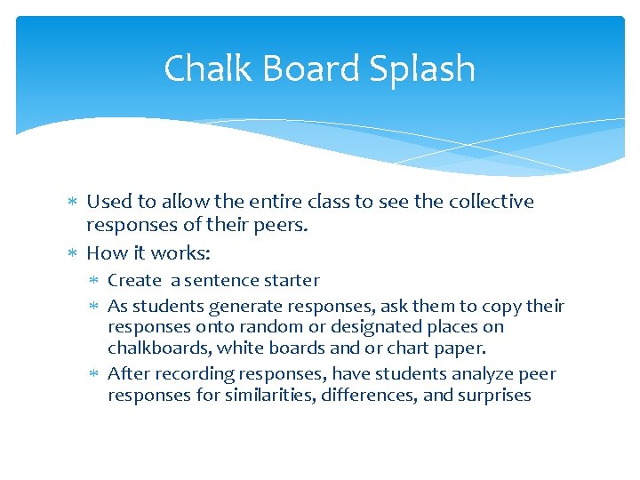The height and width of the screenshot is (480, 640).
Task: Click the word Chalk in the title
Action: click(198, 68)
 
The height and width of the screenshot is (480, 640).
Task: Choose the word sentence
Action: click(222, 281)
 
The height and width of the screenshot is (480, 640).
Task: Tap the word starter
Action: click(290, 281)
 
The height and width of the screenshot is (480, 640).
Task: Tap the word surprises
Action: click(493, 396)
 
